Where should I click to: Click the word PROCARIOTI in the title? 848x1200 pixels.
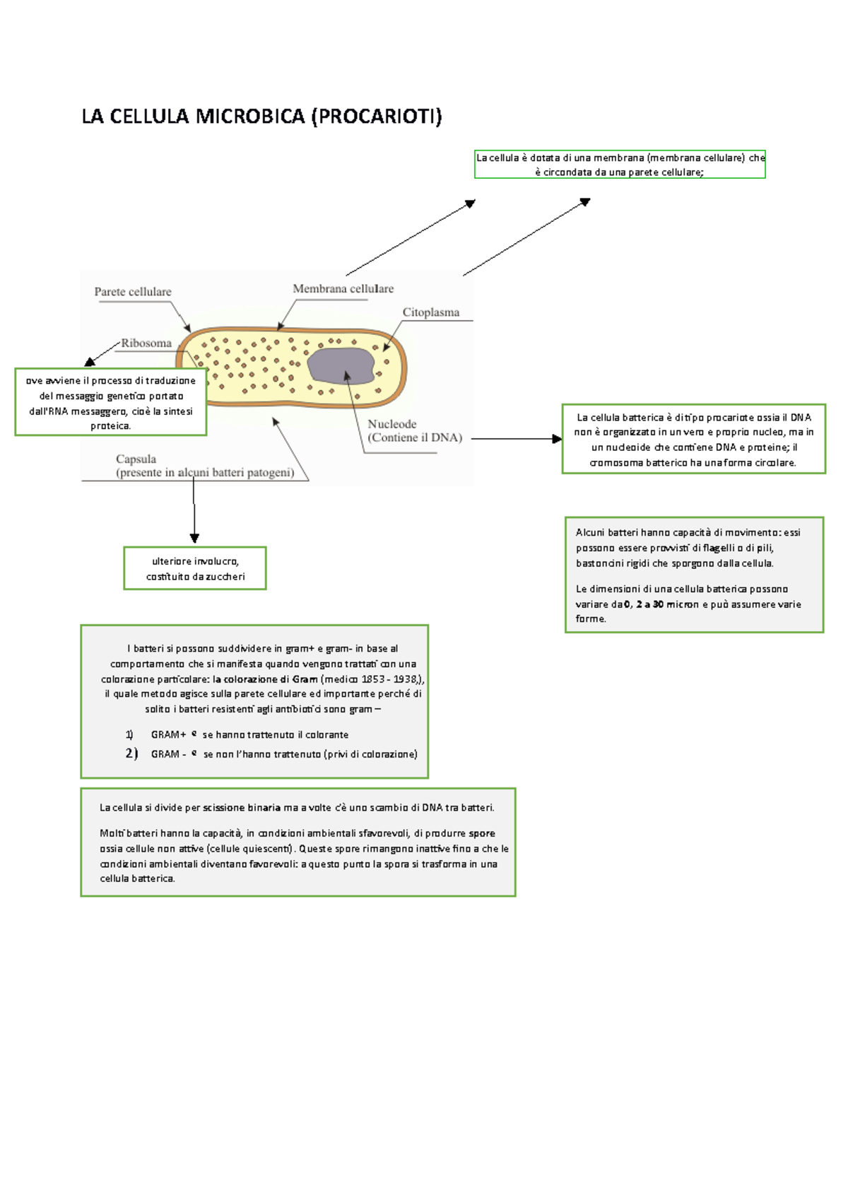[376, 117]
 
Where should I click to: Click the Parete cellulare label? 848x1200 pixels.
[133, 292]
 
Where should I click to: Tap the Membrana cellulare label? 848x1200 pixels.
[343, 288]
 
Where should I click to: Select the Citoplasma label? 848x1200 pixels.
[430, 312]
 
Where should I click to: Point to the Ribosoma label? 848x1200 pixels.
[146, 343]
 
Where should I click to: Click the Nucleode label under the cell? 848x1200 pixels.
[391, 424]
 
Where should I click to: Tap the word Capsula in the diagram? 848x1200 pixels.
[136, 459]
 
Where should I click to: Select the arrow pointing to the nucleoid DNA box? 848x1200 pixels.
[516, 439]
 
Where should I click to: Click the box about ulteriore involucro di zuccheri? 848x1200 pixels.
[195, 568]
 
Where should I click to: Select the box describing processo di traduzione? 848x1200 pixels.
[110, 403]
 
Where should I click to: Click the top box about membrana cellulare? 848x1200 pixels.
[620, 165]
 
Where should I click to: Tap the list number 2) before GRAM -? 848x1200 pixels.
[131, 753]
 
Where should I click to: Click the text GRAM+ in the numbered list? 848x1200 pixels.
[168, 735]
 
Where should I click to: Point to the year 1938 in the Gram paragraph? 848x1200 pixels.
[406, 679]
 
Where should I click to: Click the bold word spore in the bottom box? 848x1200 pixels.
[482, 833]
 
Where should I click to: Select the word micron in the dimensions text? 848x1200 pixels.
[683, 604]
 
